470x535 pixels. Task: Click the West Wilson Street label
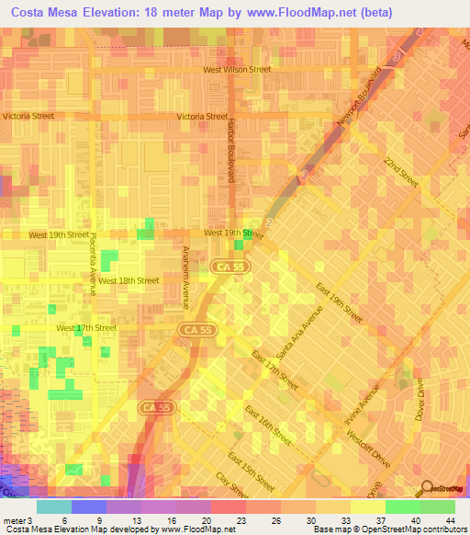pos(237,69)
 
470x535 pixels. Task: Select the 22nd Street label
pos(401,171)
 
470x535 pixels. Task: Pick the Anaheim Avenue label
pos(185,273)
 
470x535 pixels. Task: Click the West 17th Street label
pos(86,328)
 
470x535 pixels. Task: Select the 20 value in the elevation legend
pos(198,519)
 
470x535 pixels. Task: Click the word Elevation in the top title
pos(109,13)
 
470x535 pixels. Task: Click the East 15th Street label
pos(251,469)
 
